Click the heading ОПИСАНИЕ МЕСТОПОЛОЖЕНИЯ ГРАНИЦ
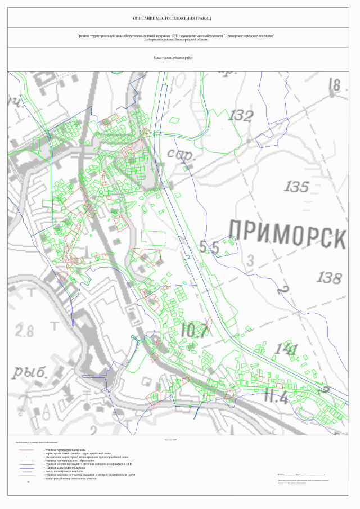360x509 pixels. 180,19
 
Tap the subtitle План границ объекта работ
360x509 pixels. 169,58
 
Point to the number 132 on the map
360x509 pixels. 240,116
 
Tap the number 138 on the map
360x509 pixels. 328,277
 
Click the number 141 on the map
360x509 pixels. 286,349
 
